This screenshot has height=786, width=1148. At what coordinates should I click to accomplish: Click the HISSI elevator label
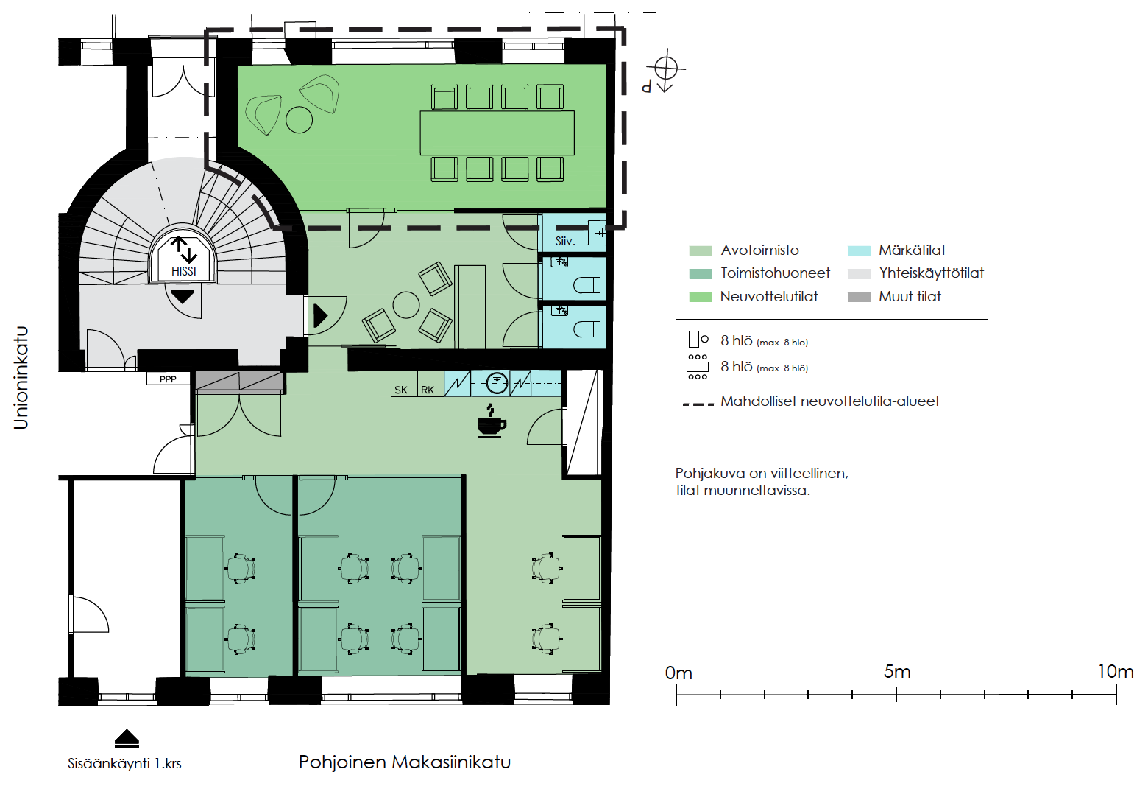click(183, 271)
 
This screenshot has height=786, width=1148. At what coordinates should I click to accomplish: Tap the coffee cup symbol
click(492, 421)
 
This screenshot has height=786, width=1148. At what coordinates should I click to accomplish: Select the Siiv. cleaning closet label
click(564, 241)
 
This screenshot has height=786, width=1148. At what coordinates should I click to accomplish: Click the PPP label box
click(168, 379)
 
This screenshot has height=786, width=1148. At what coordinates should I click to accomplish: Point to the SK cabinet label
click(401, 390)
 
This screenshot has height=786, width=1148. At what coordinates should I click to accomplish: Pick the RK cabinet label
click(428, 390)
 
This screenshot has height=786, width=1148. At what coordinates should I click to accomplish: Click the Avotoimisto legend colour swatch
click(700, 250)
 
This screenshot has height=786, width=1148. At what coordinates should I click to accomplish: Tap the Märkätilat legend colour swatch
click(859, 250)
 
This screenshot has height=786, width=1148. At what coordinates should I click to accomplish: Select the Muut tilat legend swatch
click(859, 297)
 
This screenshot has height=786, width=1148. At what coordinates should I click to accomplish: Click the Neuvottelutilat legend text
click(769, 297)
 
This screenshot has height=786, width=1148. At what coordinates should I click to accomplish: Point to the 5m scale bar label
click(897, 672)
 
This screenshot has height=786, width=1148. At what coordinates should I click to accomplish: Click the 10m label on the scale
click(1115, 672)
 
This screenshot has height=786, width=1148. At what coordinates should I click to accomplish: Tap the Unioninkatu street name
click(21, 378)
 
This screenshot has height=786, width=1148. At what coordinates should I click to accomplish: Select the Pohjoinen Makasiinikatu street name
click(405, 762)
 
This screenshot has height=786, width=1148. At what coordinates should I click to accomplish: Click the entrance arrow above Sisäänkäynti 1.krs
click(127, 738)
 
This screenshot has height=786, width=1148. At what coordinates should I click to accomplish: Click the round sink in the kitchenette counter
click(497, 382)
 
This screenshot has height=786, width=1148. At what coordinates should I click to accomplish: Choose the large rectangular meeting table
click(497, 133)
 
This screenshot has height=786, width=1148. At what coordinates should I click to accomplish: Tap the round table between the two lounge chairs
click(299, 119)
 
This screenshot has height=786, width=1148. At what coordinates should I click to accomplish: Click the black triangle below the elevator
click(183, 297)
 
